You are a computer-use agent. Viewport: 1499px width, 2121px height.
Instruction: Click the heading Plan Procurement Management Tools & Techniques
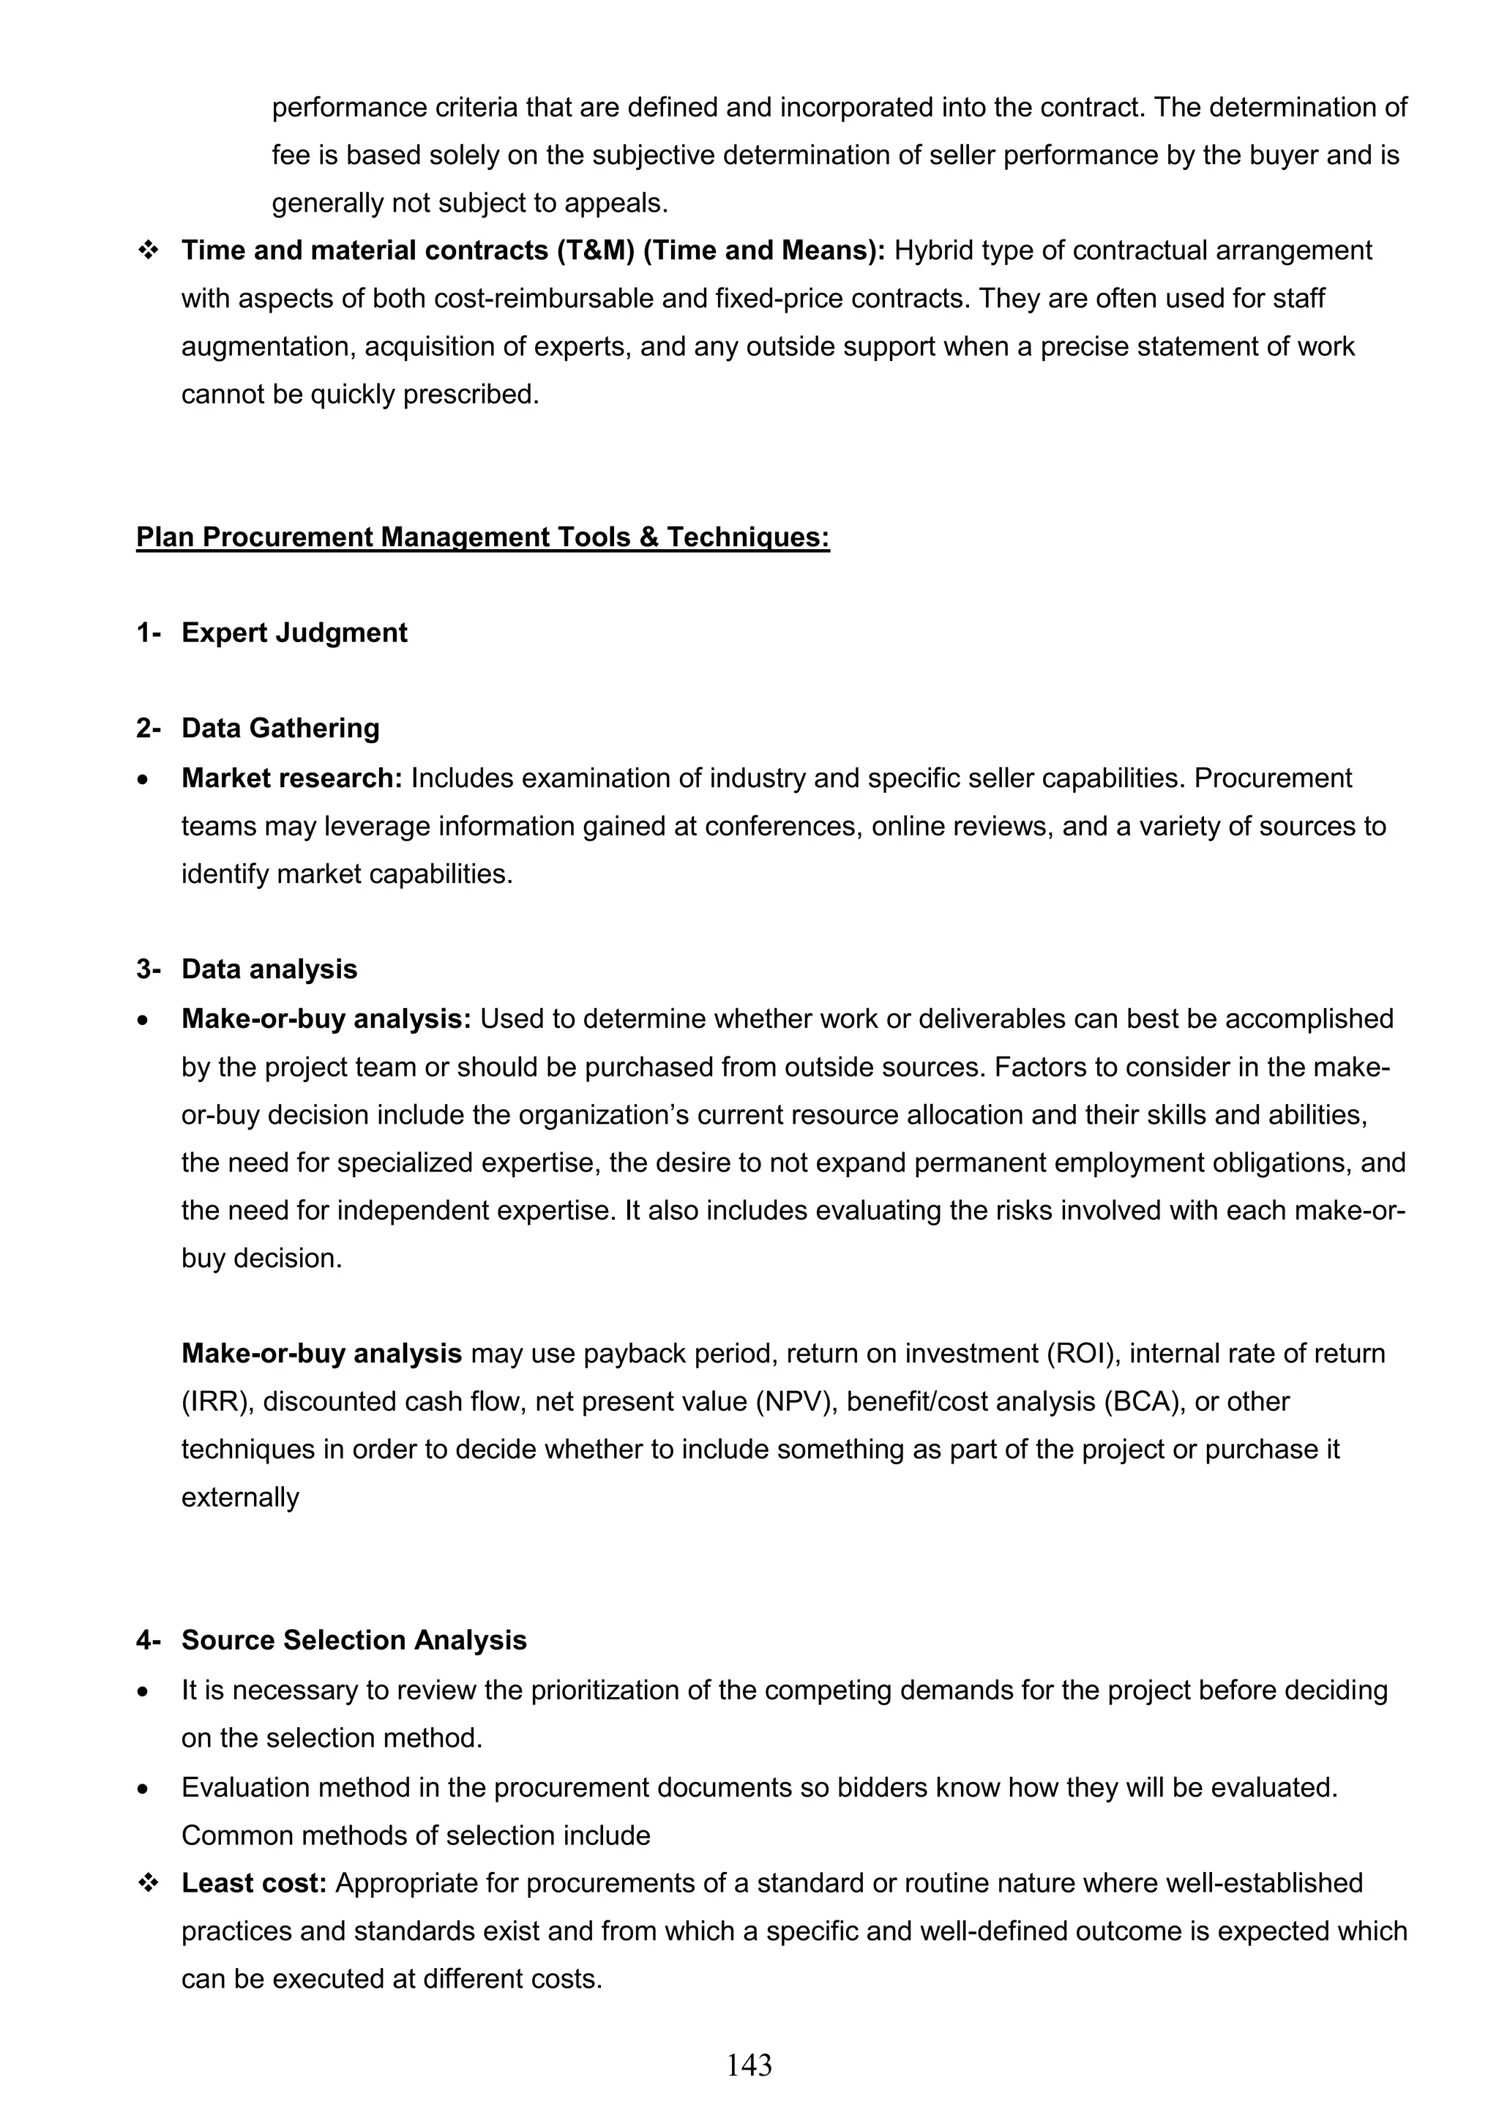pyautogui.click(x=482, y=537)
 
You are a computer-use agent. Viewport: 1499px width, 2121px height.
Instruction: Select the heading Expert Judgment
pyautogui.click(x=294, y=633)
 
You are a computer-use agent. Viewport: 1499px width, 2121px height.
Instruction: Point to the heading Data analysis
pyautogui.click(x=269, y=969)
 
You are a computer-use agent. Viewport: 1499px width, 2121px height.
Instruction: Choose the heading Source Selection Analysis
pyautogui.click(x=354, y=1640)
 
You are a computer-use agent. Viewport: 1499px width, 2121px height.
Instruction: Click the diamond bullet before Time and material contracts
pyautogui.click(x=147, y=250)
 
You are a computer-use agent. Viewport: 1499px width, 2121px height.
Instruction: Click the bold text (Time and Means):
pyautogui.click(x=764, y=250)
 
